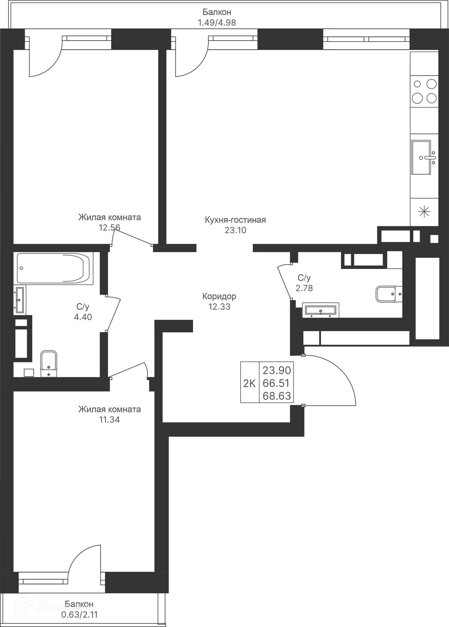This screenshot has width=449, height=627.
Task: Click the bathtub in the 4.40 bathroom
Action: coord(53,268)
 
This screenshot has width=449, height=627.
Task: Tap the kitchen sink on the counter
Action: coord(421,158)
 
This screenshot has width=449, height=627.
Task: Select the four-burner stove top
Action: coord(424,91)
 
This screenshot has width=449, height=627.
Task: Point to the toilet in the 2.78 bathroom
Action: coord(388,294)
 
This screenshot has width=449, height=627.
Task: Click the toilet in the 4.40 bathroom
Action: coord(49,363)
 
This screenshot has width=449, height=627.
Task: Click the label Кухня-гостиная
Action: coord(235,220)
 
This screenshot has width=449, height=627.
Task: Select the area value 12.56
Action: coord(109,228)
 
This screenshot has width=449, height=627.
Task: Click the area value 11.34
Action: coord(109,419)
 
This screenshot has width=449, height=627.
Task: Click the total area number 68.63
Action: coord(276,396)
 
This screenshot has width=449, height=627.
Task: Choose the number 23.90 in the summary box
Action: coord(276,370)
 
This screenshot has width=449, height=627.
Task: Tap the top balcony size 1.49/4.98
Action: coord(217,23)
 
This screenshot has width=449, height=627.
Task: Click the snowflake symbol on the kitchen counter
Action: coord(424,212)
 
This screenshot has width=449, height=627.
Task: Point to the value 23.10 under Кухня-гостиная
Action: coord(235,230)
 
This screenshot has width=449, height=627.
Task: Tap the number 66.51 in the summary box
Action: coord(276,383)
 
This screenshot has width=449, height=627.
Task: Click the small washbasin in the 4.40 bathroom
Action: coord(20,300)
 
